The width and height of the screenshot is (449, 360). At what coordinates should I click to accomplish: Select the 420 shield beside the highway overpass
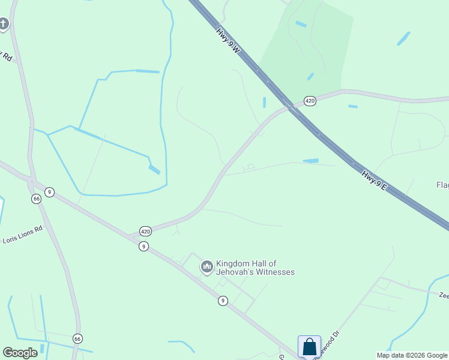(310, 101)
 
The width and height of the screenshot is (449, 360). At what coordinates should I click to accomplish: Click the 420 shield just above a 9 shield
(145, 231)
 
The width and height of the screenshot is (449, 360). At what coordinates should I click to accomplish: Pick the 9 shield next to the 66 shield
(49, 192)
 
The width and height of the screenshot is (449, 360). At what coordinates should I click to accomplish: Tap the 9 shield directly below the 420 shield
(143, 246)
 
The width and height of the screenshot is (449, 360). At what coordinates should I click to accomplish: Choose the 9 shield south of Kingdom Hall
(223, 301)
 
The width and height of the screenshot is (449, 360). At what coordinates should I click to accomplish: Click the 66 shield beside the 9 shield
(37, 199)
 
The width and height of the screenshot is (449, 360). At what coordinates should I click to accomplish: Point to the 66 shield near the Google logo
(77, 339)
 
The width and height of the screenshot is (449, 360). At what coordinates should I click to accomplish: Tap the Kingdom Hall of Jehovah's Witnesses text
(256, 268)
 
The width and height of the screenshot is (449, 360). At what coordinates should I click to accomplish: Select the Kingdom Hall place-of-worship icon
(207, 266)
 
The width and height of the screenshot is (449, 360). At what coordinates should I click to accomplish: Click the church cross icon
(4, 24)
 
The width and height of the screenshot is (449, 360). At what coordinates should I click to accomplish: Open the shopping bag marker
(309, 347)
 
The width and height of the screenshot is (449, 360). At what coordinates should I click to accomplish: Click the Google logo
(20, 353)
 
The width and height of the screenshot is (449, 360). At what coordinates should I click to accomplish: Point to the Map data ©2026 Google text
(412, 355)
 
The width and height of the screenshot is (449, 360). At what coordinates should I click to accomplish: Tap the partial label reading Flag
(442, 185)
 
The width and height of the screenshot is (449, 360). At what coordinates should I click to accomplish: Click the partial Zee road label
(444, 295)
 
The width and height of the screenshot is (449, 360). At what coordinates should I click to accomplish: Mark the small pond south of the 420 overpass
(311, 161)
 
